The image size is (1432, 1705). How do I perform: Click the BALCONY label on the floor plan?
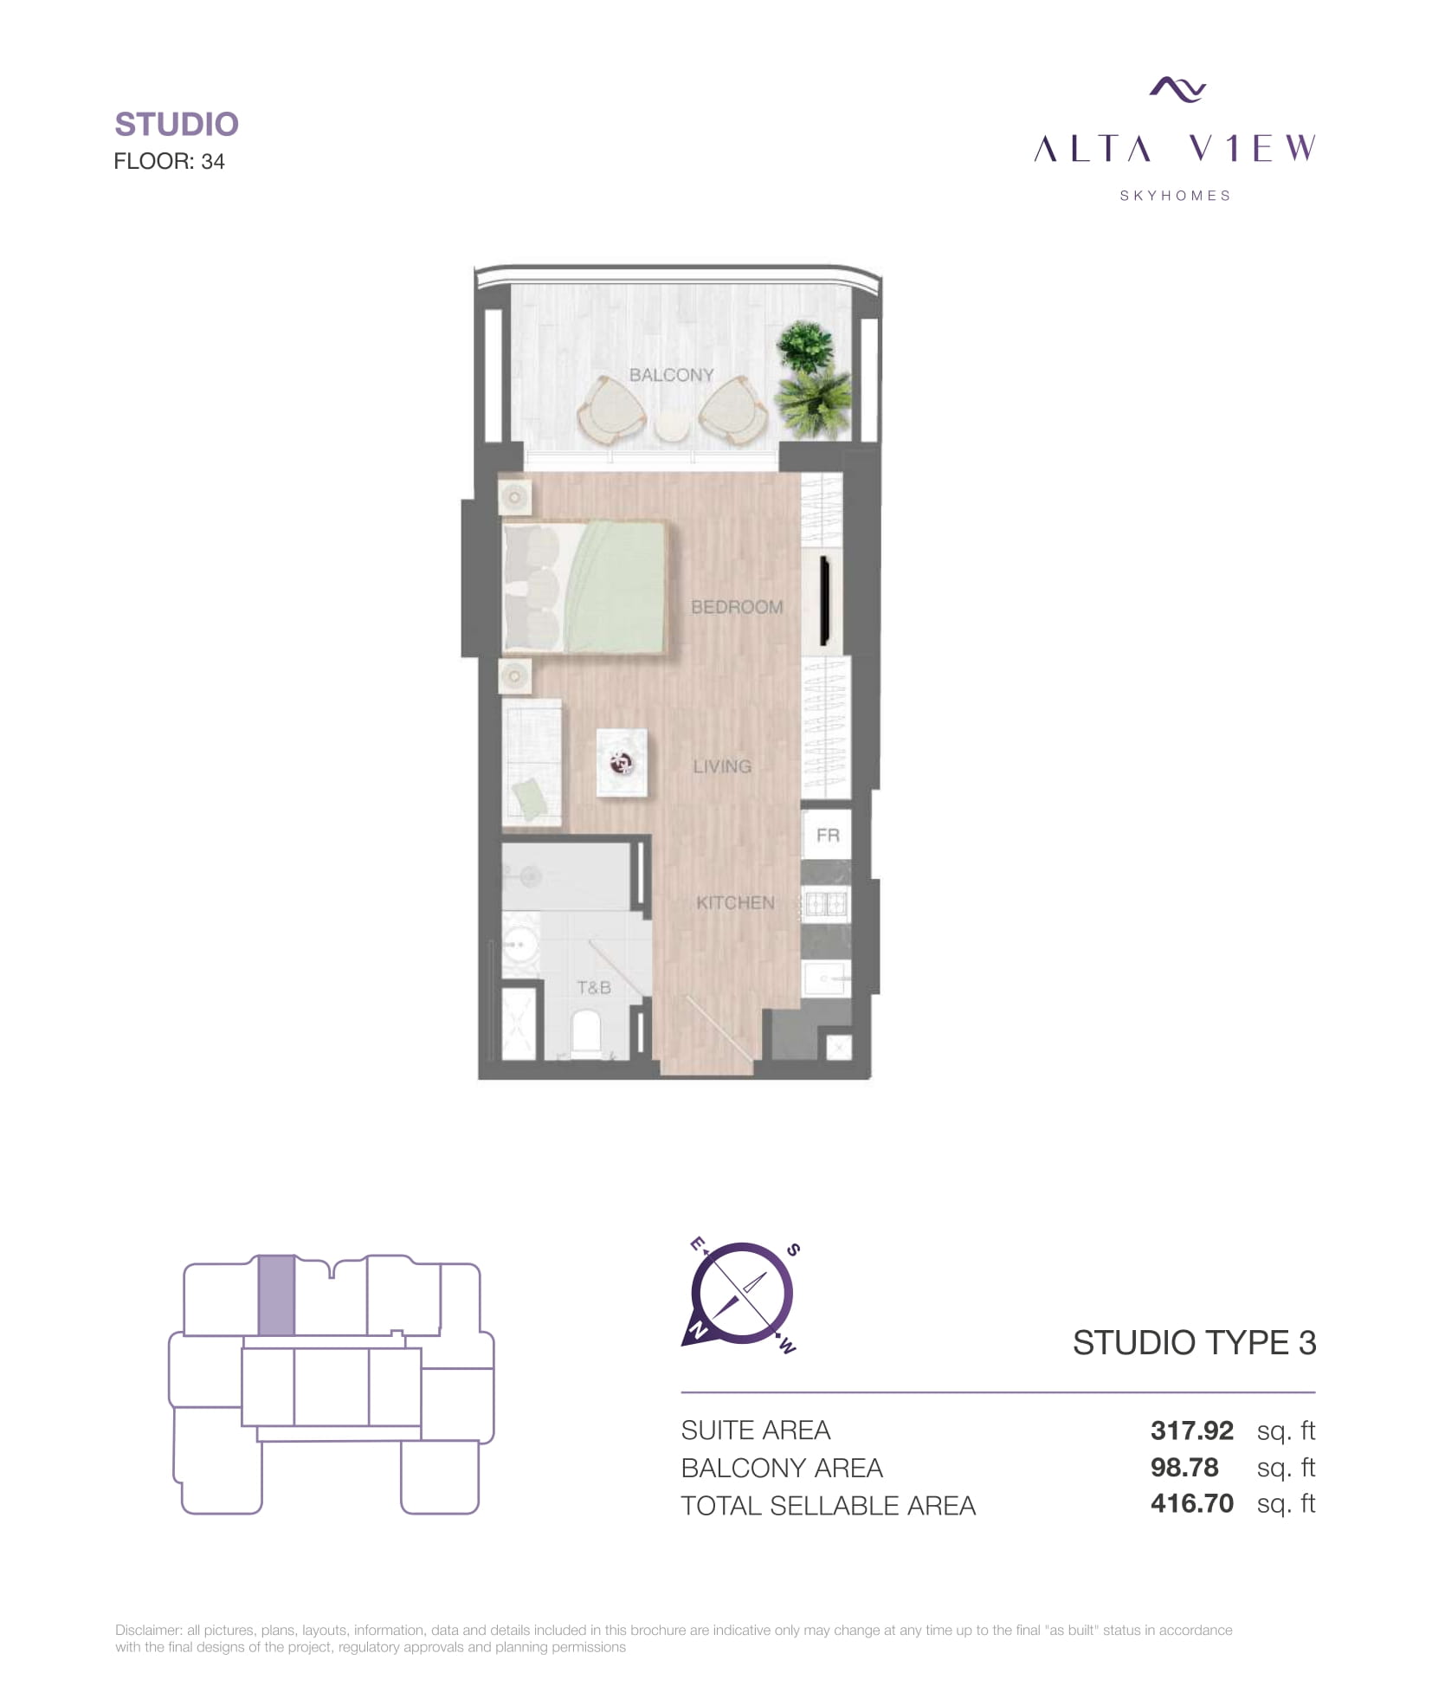click(671, 375)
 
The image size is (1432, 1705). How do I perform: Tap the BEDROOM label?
click(737, 607)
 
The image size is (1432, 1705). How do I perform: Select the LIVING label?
click(722, 766)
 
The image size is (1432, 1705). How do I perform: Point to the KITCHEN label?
click(735, 902)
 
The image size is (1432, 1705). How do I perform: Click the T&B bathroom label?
click(594, 987)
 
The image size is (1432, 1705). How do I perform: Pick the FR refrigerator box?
click(827, 835)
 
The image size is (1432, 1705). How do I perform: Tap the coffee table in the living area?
click(622, 762)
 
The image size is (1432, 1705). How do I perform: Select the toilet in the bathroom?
click(586, 1034)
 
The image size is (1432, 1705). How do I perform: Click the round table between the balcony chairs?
click(673, 427)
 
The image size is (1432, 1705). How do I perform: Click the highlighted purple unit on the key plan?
click(277, 1295)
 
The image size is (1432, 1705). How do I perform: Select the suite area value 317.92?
click(1191, 1430)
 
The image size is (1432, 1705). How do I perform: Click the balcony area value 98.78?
click(1184, 1467)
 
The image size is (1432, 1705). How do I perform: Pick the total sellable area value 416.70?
click(1191, 1503)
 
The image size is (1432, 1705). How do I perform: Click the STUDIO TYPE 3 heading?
click(1194, 1342)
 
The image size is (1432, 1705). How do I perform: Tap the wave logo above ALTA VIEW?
click(1177, 89)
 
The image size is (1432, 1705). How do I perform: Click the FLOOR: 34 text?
click(170, 161)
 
